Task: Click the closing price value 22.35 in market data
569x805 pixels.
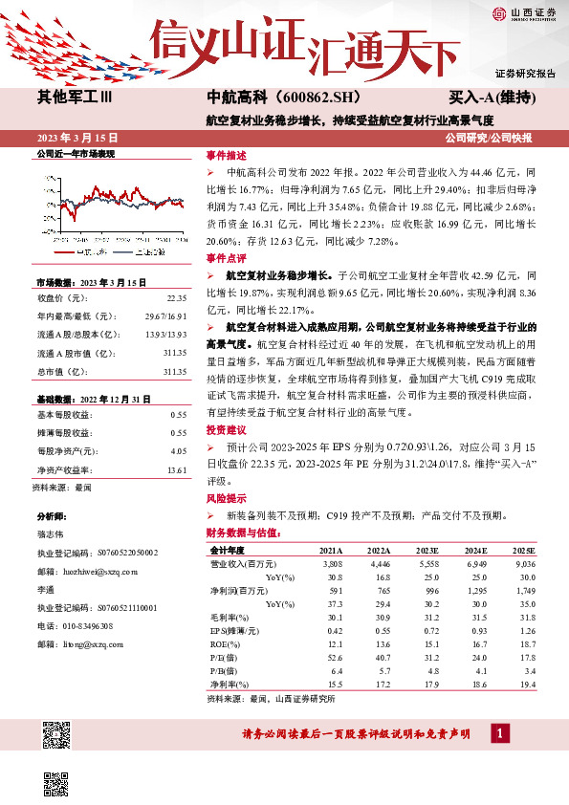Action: coord(176,297)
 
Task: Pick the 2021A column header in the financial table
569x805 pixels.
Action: coord(331,552)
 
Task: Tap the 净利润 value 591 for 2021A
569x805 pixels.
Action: coord(334,591)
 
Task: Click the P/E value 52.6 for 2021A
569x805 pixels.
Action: coord(334,657)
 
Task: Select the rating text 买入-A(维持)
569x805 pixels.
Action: coord(491,98)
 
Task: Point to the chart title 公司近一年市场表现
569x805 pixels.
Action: coord(75,153)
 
